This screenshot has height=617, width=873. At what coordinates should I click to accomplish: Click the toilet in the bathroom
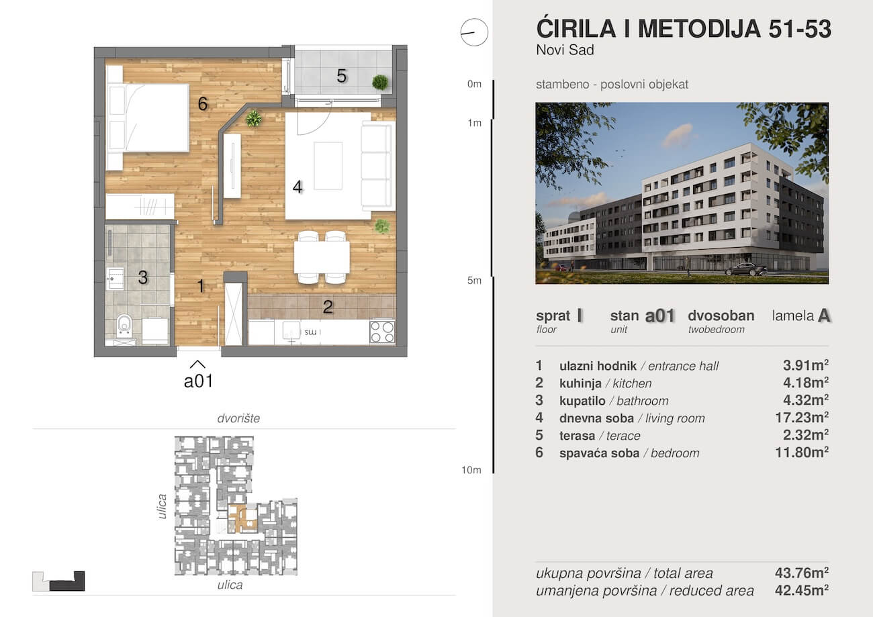point(124,326)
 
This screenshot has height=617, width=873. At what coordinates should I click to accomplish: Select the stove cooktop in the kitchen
point(382,331)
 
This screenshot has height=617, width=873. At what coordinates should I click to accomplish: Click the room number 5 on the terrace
point(342,76)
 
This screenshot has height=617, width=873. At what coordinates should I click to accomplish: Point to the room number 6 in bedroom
point(202,103)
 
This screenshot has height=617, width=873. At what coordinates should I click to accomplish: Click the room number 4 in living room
point(297,187)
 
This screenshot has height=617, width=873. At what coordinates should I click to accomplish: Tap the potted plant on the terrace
point(380,83)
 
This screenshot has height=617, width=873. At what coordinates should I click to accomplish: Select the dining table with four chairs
point(322,257)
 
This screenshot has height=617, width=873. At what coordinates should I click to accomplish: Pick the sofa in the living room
point(376,166)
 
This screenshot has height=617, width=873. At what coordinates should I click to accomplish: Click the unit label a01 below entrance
point(198,381)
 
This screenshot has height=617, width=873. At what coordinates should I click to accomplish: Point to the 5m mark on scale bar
point(474,281)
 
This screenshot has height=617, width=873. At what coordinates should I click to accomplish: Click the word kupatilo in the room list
point(583,401)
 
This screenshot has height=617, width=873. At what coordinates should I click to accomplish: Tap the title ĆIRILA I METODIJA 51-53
point(684,29)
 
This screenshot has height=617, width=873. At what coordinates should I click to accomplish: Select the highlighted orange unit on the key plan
point(242,518)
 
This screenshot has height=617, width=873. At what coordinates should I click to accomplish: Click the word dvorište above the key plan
point(238,418)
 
